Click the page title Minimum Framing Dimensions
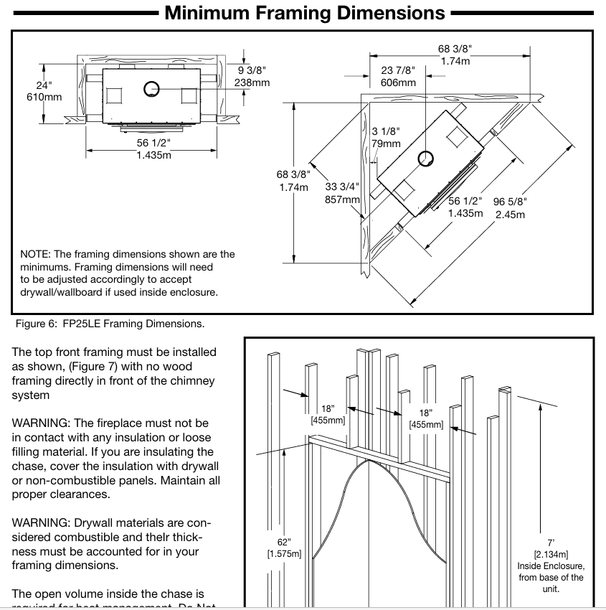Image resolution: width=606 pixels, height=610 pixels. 305,13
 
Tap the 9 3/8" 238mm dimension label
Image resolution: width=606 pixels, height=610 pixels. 252,76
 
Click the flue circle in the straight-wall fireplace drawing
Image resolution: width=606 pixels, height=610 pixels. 151,88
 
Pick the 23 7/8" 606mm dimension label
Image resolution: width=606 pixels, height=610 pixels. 397,76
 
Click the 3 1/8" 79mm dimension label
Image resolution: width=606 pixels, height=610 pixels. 386,137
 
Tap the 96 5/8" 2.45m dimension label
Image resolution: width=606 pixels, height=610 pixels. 509,208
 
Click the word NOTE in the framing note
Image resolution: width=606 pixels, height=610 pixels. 34,254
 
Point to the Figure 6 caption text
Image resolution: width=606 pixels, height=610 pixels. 108,324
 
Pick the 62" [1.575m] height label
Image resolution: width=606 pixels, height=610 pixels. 284,547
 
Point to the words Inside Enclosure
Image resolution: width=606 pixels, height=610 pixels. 551,566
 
